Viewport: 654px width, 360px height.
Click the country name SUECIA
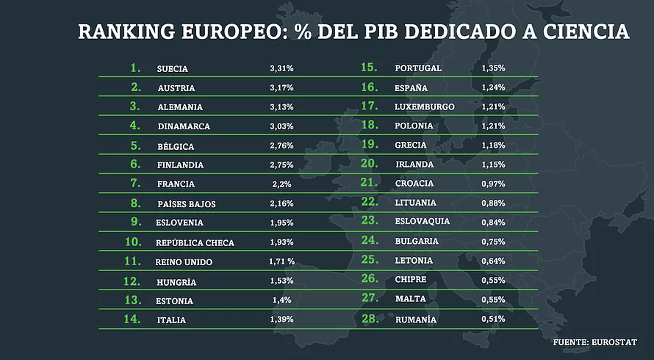tap(173, 68)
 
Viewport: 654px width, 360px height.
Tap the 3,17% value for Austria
tap(281, 88)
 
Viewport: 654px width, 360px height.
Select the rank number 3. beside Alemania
tap(135, 106)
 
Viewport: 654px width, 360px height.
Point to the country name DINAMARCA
tap(184, 126)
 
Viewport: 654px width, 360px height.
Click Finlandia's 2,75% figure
tap(281, 165)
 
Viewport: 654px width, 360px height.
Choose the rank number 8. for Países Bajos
tap(135, 203)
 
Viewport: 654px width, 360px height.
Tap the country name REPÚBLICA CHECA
tap(195, 242)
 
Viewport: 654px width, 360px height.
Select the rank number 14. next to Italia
tap(133, 319)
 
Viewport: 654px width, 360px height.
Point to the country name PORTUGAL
tap(418, 68)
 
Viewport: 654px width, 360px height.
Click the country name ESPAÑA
tap(412, 88)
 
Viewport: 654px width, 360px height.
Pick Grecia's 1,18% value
tap(493, 145)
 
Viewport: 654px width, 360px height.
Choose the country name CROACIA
tap(414, 183)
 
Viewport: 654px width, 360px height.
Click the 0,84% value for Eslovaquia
tap(493, 222)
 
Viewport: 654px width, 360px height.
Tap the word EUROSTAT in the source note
tap(613, 342)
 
